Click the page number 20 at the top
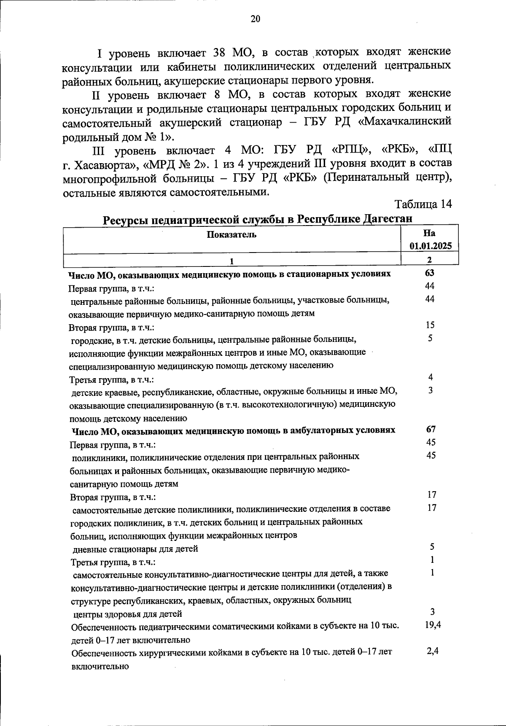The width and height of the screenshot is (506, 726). click(x=256, y=19)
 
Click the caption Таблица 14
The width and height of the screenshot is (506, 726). click(x=423, y=204)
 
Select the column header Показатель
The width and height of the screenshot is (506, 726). click(x=231, y=234)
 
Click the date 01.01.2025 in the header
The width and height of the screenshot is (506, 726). click(x=429, y=246)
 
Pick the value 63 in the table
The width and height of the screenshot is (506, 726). click(x=429, y=273)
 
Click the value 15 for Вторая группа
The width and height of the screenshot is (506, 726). click(x=430, y=325)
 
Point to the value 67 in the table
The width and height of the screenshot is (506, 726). click(x=431, y=429)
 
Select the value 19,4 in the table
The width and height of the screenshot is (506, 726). click(x=433, y=625)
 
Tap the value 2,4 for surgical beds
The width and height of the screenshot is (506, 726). click(x=433, y=651)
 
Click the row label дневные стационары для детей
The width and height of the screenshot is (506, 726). click(x=135, y=549)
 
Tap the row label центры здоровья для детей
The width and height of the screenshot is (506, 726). click(x=128, y=614)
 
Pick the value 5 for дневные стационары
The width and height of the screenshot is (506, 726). click(x=432, y=547)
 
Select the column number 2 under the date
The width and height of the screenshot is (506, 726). click(x=429, y=260)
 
